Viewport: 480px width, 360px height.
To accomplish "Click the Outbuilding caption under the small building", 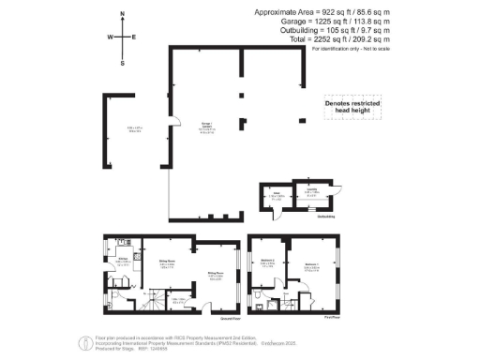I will click(x=326, y=219).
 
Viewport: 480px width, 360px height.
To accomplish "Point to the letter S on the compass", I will click(x=123, y=64).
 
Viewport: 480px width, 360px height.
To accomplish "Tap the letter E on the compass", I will click(x=135, y=37).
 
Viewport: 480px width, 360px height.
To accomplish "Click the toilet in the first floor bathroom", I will click(x=258, y=303).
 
